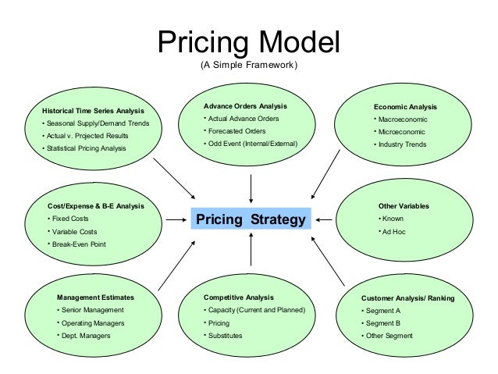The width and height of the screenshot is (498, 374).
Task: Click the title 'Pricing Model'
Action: tap(249, 43)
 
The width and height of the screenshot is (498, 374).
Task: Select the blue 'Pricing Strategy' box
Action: tap(250, 219)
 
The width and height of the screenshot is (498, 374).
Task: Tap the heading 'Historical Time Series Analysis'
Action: tap(93, 111)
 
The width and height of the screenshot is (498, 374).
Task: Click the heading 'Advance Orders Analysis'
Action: tap(245, 105)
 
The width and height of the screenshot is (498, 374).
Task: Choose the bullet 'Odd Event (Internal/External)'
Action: tap(252, 144)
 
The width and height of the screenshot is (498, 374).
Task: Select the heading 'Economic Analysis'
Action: tap(405, 107)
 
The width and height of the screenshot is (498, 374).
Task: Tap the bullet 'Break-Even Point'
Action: tap(79, 244)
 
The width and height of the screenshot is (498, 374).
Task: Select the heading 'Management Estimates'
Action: tap(95, 297)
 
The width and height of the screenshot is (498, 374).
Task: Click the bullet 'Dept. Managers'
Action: tap(86, 336)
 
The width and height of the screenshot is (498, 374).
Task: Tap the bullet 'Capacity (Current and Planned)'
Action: tap(256, 310)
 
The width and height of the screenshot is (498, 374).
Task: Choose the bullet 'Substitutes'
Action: tap(225, 336)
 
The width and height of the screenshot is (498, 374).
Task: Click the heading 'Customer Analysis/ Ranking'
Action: tap(407, 298)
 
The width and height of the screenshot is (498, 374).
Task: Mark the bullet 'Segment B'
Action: tap(383, 322)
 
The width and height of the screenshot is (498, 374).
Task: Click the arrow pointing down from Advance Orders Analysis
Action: tap(251, 189)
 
